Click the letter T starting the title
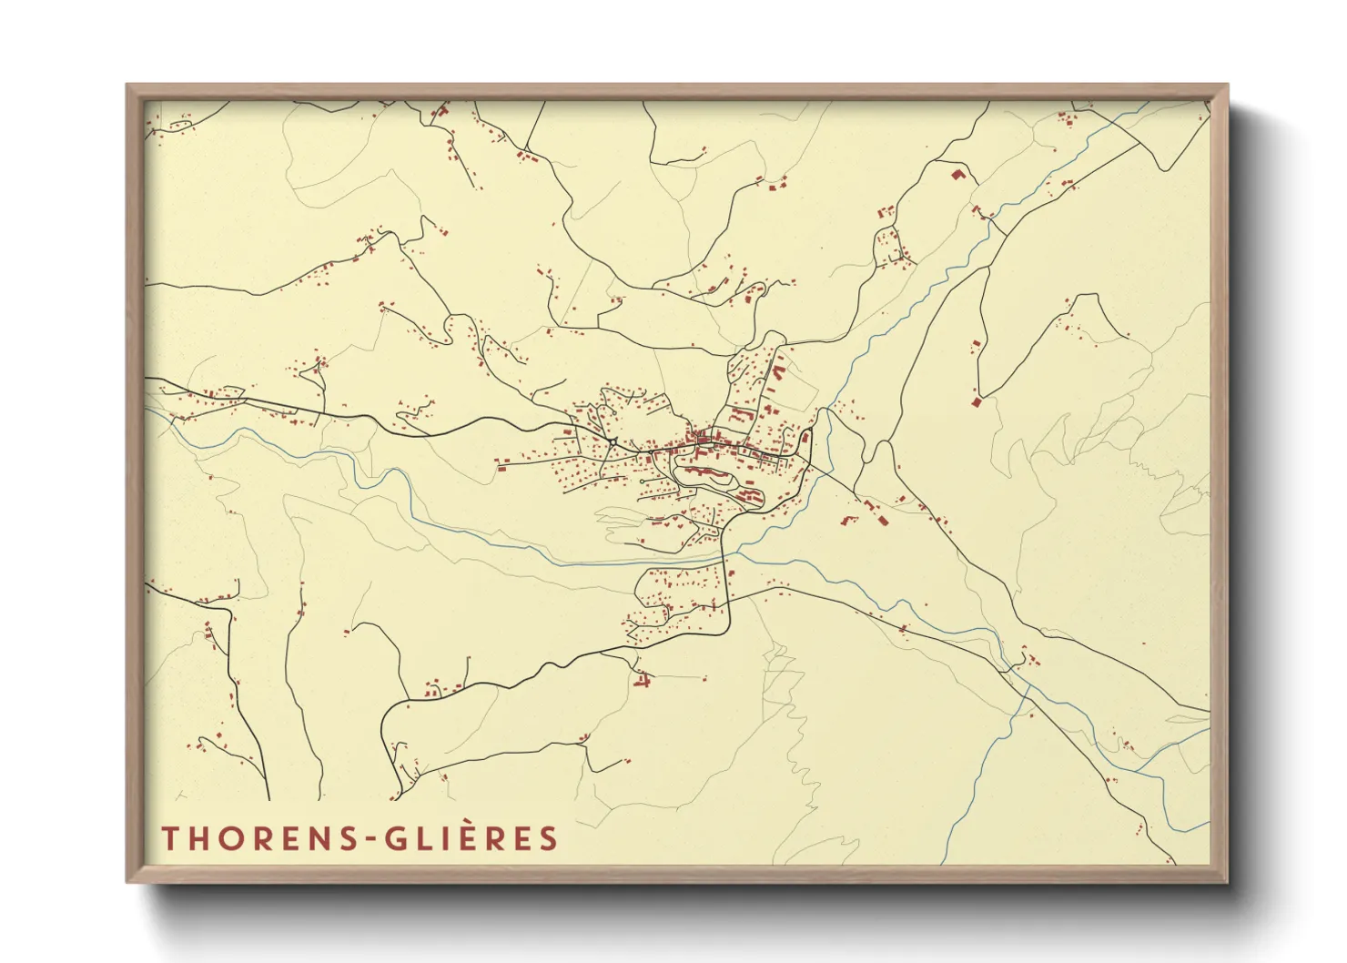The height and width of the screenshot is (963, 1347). [x=170, y=838]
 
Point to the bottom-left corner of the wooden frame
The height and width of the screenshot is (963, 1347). [x=128, y=880]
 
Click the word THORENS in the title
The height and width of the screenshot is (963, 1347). [x=258, y=838]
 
